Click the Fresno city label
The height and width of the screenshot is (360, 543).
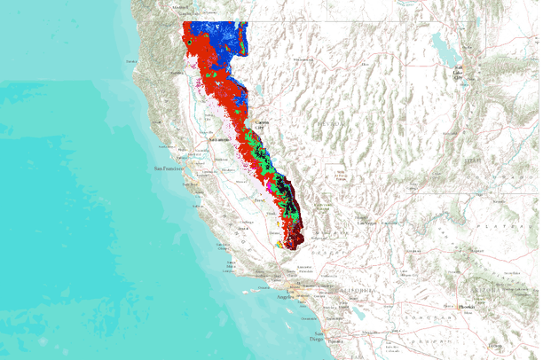coord(259,200)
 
